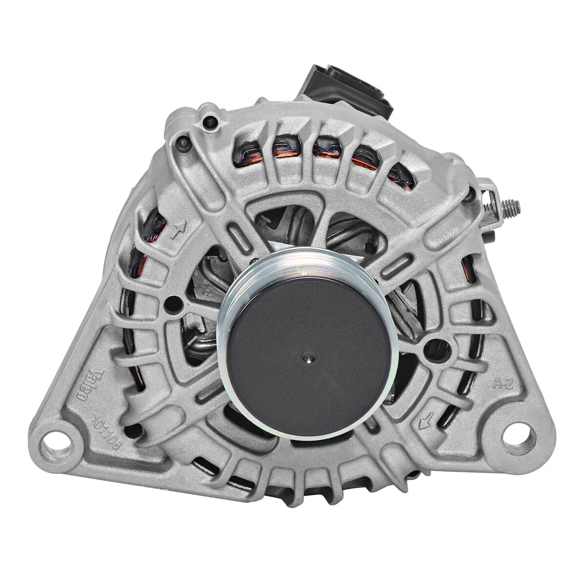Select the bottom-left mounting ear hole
pyautogui.click(x=59, y=438)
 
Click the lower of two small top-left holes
pyautogui.click(x=183, y=143)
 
